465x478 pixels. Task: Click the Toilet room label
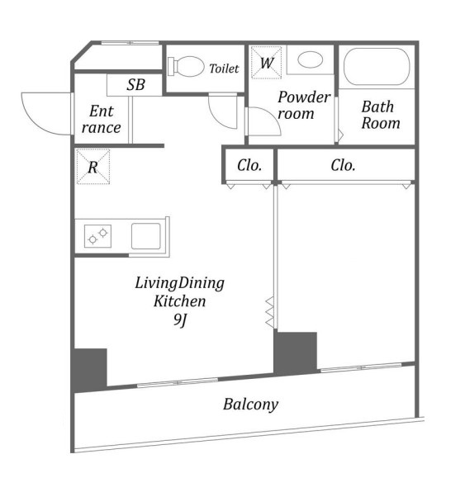click(224, 69)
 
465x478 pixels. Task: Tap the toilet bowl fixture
click(186, 66)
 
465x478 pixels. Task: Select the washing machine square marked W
click(266, 63)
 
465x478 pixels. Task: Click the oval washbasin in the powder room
click(310, 59)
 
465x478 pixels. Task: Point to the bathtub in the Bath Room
click(377, 66)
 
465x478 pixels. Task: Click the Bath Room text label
click(381, 115)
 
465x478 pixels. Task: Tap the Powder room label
click(304, 105)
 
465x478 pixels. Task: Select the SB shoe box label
click(135, 85)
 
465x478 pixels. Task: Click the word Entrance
click(102, 119)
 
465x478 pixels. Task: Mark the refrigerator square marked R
click(93, 167)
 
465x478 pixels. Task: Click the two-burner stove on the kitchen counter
click(98, 236)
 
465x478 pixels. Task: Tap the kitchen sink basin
click(146, 236)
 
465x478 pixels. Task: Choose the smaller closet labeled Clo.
click(249, 166)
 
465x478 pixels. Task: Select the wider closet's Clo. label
click(343, 166)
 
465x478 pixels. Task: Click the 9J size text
click(180, 319)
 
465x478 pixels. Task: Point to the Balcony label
click(250, 405)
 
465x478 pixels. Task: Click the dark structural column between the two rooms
click(295, 353)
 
